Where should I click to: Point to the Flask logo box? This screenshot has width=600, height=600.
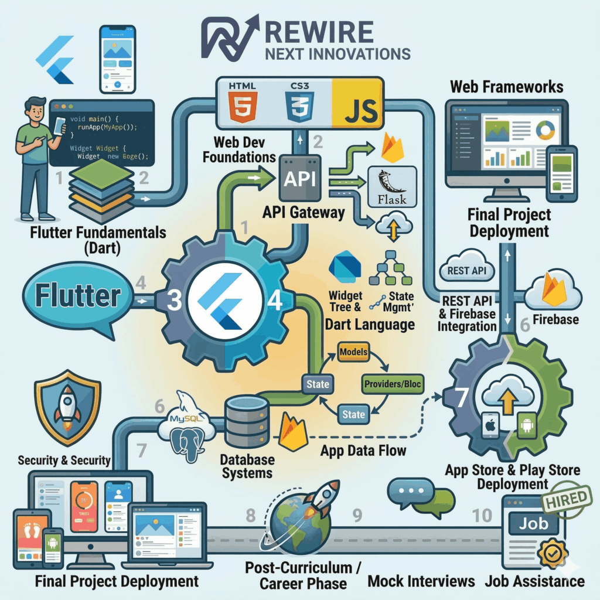(391, 186)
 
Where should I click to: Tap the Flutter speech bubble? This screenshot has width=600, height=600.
(78, 296)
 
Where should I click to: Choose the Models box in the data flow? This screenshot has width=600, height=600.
(353, 352)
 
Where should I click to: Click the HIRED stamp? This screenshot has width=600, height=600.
(565, 499)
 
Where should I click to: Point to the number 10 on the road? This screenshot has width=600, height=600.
(483, 516)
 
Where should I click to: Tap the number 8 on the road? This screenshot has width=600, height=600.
(251, 516)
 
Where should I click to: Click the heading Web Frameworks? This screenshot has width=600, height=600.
(506, 87)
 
